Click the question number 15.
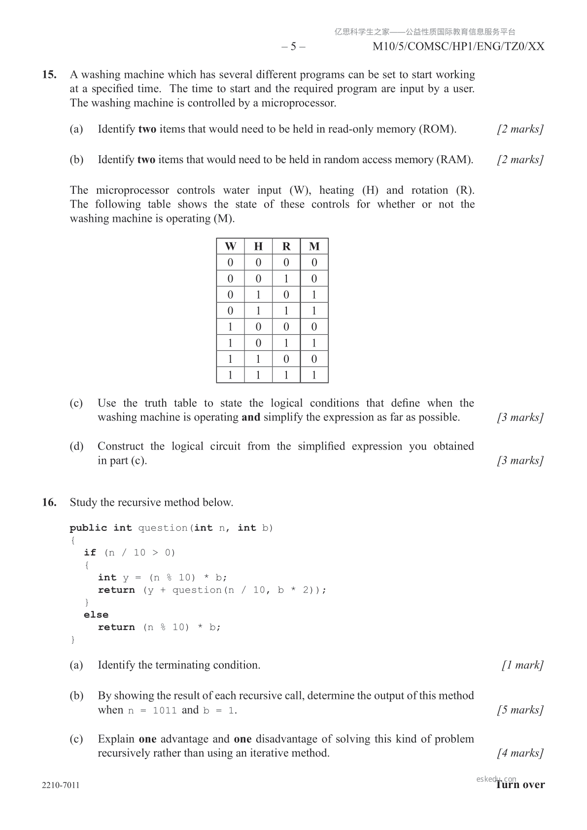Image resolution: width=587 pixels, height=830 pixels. (49, 75)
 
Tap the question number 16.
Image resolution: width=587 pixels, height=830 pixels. (49, 503)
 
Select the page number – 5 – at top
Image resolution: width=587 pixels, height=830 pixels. (293, 47)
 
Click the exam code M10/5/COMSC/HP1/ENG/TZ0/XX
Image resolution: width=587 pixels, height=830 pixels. (458, 47)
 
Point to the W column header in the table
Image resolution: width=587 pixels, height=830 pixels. (230, 246)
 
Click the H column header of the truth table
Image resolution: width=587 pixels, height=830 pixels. (258, 246)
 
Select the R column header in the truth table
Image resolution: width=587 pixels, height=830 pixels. (286, 246)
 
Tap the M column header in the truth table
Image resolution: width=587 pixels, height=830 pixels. (314, 246)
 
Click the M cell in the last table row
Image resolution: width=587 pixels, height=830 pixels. (314, 375)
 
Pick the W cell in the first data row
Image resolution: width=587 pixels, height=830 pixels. (230, 263)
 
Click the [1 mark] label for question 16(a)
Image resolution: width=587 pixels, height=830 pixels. (522, 665)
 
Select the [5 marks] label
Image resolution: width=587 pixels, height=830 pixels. (520, 710)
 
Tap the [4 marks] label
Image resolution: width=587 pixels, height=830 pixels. (520, 753)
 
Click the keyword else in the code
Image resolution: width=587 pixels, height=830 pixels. (96, 615)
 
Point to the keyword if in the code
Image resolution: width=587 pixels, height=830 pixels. (90, 553)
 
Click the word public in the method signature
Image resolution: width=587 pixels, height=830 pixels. (88, 528)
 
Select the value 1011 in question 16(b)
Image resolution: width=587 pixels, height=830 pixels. (165, 711)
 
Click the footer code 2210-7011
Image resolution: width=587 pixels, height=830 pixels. (61, 785)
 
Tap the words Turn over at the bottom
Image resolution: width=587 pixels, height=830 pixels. (520, 785)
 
